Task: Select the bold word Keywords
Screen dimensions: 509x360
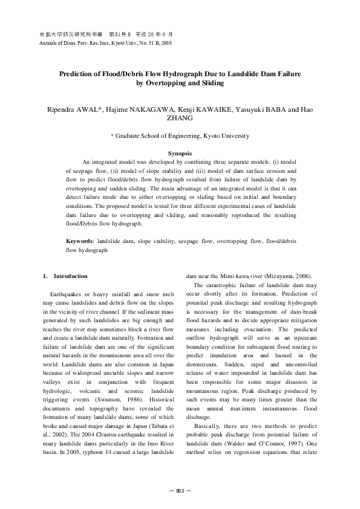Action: (79, 258)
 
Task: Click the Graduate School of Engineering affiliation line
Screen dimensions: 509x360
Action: (180, 137)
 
